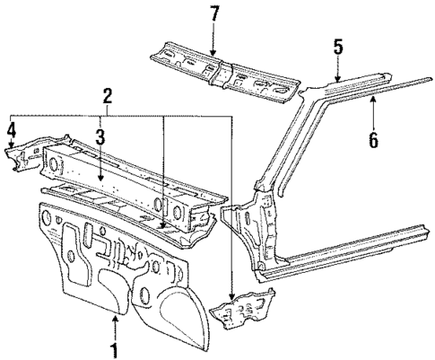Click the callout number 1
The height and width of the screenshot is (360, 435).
point(114,349)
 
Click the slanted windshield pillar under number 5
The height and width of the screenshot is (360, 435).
point(278,144)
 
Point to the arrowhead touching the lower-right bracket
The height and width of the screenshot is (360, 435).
point(231,295)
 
